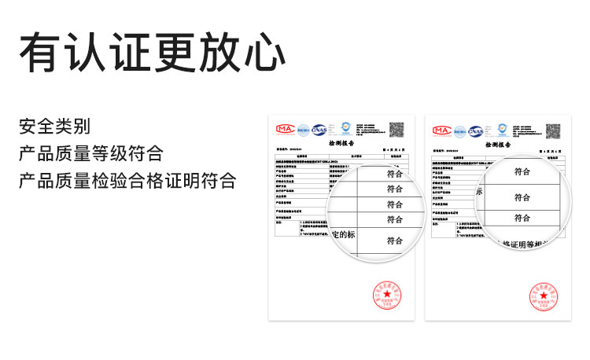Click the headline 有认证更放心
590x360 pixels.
click(152, 53)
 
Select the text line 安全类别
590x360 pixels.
click(54, 126)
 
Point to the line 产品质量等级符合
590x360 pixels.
click(91, 152)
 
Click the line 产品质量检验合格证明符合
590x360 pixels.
click(127, 180)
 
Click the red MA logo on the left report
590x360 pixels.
click(284, 129)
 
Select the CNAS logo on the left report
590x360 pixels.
click(319, 130)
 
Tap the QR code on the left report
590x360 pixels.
click(397, 129)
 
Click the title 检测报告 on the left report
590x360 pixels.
click(341, 145)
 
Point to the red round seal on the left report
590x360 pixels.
click(386, 297)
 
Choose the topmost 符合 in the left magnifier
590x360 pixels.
click(395, 174)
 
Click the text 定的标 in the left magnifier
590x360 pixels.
click(344, 235)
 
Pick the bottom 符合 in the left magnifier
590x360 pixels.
click(395, 241)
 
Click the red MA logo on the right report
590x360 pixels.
click(441, 129)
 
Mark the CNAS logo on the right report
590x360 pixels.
click(477, 130)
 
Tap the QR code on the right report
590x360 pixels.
click(555, 129)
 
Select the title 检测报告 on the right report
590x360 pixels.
click(499, 145)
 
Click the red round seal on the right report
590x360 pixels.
click(544, 297)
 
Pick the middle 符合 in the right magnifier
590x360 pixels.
click(522, 197)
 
